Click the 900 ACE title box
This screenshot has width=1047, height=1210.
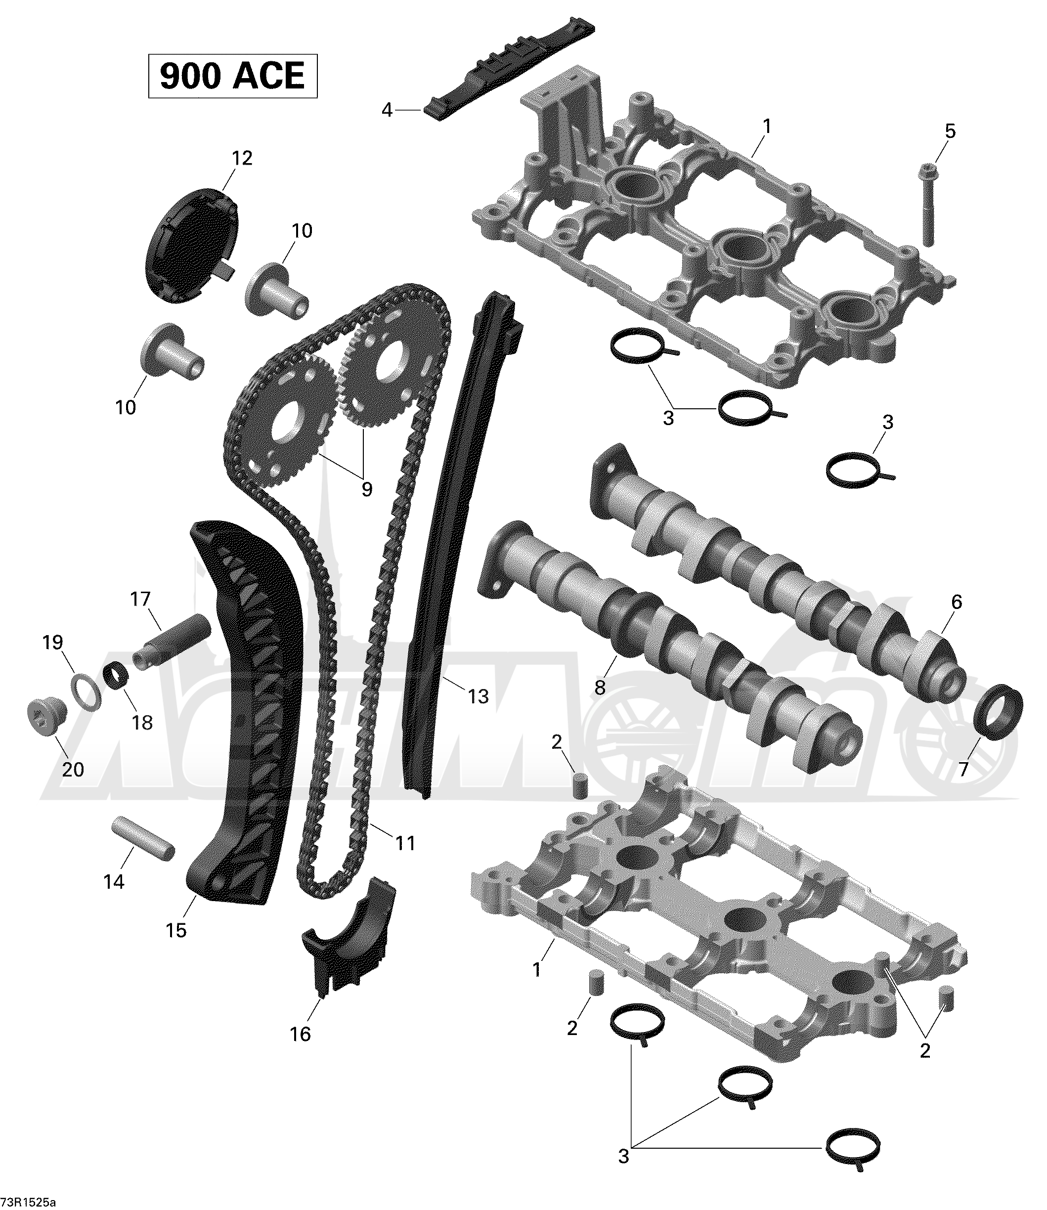(232, 76)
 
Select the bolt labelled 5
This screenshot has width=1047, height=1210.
(927, 204)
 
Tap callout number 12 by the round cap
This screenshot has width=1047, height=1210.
(242, 158)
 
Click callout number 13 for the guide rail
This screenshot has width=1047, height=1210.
(478, 696)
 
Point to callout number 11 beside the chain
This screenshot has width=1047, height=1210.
(405, 843)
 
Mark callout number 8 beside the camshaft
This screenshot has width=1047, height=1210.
(600, 688)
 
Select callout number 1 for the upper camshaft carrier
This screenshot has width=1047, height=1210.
(767, 126)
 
